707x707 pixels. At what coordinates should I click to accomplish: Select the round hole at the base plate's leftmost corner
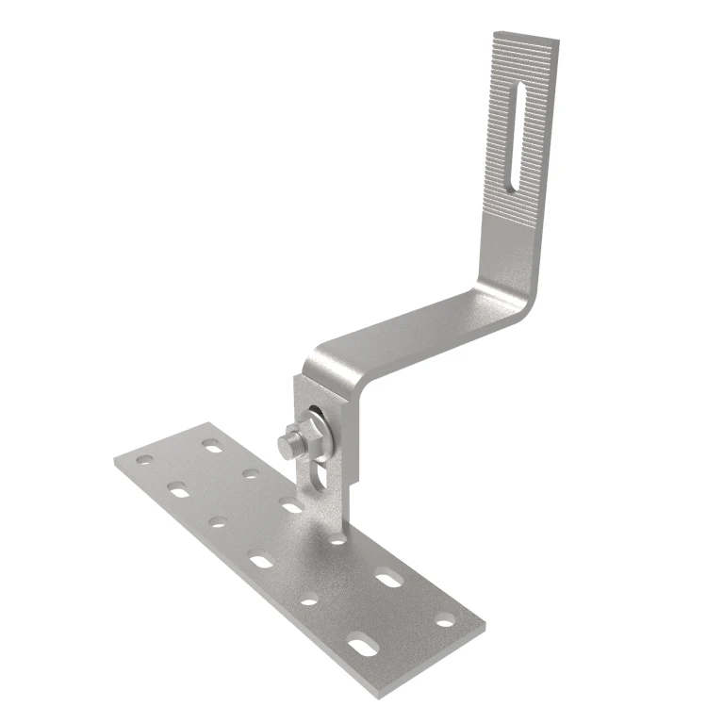(144, 460)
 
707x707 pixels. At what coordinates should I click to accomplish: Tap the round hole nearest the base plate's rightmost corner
(445, 620)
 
